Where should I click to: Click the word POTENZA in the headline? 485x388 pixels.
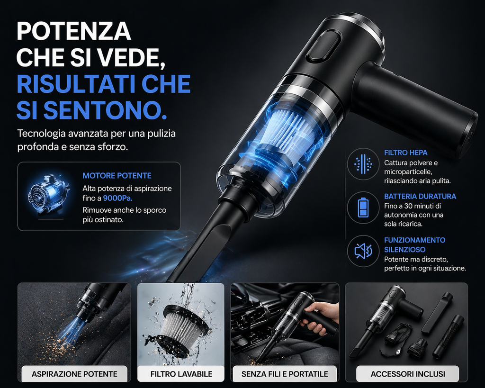coord(73,32)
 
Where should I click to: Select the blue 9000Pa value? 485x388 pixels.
coord(117,198)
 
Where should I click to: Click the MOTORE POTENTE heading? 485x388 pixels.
coord(117,176)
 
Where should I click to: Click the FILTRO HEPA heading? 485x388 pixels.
coord(405,153)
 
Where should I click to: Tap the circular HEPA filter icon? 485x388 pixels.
coord(363,164)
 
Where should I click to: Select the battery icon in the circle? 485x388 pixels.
coord(363,207)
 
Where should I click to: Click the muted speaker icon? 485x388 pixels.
coord(363,251)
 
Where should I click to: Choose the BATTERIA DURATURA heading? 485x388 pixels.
coord(420,196)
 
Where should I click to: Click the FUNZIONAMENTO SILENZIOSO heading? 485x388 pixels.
coord(414,244)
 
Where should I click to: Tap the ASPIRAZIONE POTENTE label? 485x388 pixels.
coord(74,374)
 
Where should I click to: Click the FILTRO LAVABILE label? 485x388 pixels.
coord(181,374)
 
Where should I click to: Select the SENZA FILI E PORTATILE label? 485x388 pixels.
coord(285,374)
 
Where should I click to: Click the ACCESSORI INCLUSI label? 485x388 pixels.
coord(408,374)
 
